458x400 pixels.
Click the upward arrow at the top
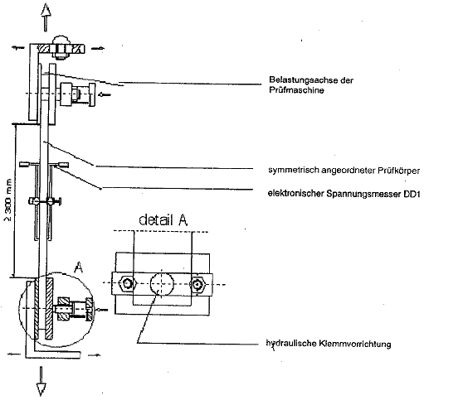(46, 17)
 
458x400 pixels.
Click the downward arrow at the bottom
(41, 381)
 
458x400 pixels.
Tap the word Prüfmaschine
(296, 90)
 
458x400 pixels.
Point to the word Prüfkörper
(399, 170)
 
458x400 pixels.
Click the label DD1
(412, 194)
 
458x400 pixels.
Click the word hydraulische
(291, 344)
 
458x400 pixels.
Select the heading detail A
(163, 219)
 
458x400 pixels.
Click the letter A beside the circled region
(78, 267)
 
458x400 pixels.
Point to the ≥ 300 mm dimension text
(8, 200)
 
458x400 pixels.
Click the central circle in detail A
(162, 284)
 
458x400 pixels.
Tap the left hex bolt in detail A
(127, 283)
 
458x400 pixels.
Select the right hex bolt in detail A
(197, 284)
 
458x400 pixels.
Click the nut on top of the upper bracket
(61, 47)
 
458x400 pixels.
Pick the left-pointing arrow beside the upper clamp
(105, 94)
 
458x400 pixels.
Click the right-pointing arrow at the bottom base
(94, 354)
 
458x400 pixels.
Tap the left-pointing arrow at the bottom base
(14, 354)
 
